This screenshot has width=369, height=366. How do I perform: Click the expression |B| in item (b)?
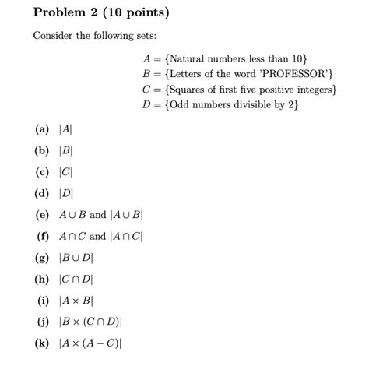click(66, 152)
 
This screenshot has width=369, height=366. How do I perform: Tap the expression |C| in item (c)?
click(66, 173)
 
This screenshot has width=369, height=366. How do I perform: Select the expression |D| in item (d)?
click(66, 194)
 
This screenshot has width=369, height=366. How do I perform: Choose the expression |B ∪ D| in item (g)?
click(78, 257)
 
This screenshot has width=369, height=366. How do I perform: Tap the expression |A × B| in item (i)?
click(78, 299)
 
